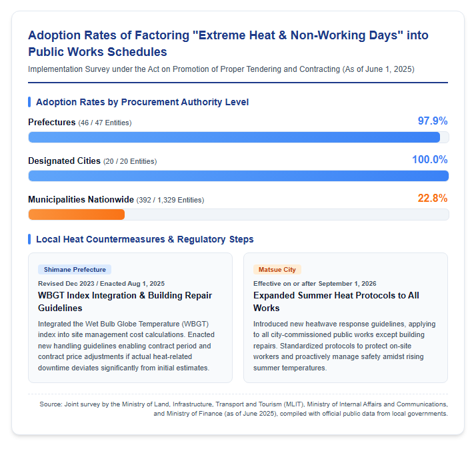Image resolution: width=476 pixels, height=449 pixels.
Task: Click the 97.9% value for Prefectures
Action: (433, 121)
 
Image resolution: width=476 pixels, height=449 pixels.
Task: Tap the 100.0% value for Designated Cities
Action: (430, 160)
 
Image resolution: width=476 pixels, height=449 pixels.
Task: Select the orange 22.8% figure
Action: (433, 198)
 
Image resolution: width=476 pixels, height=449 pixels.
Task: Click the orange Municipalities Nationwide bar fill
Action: (77, 215)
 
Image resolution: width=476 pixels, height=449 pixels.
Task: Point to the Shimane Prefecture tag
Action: (75, 269)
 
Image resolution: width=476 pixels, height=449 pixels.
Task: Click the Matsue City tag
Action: (277, 269)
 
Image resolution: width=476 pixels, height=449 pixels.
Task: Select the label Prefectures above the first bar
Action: (51, 123)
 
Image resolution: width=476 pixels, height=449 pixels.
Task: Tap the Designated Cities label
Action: (64, 161)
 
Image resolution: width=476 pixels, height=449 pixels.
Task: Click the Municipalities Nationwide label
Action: (81, 199)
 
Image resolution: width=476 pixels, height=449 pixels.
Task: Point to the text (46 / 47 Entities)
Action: (105, 123)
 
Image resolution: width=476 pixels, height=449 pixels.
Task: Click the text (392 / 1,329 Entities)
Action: (170, 201)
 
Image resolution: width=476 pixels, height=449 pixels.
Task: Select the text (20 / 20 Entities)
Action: (130, 161)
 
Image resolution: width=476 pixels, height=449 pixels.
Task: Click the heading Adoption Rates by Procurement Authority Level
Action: (143, 102)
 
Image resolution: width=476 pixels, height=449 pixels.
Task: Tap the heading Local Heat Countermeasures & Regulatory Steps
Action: (145, 239)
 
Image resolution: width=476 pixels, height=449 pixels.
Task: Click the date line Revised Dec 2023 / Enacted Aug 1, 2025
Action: (101, 284)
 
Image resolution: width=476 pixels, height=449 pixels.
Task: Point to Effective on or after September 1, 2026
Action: (315, 284)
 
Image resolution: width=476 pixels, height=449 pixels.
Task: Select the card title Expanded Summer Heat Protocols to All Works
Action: (336, 302)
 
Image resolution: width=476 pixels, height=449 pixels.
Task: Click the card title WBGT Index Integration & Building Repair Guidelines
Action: (125, 302)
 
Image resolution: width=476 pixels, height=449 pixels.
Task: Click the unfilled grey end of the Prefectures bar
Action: (445, 137)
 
